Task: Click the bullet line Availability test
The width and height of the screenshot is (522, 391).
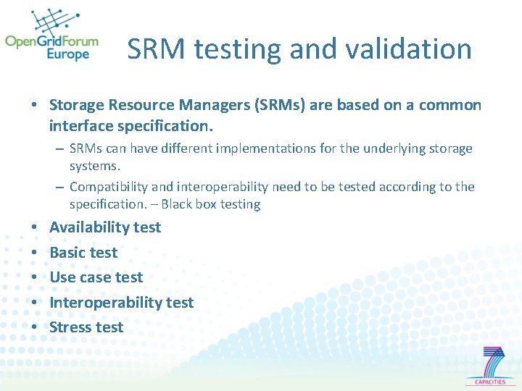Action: pyautogui.click(x=105, y=227)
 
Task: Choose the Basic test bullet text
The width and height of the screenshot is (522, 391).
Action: pyautogui.click(x=83, y=253)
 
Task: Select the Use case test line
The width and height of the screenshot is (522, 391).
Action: pyautogui.click(x=96, y=277)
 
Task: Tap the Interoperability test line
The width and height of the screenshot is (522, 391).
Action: pyautogui.click(x=121, y=303)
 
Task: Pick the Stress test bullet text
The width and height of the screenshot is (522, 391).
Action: pyautogui.click(x=86, y=327)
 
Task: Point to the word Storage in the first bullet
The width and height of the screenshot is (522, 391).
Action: pyautogui.click(x=76, y=106)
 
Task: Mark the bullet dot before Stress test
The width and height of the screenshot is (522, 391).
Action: pyautogui.click(x=35, y=327)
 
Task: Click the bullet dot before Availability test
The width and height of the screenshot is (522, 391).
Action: pyautogui.click(x=35, y=227)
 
